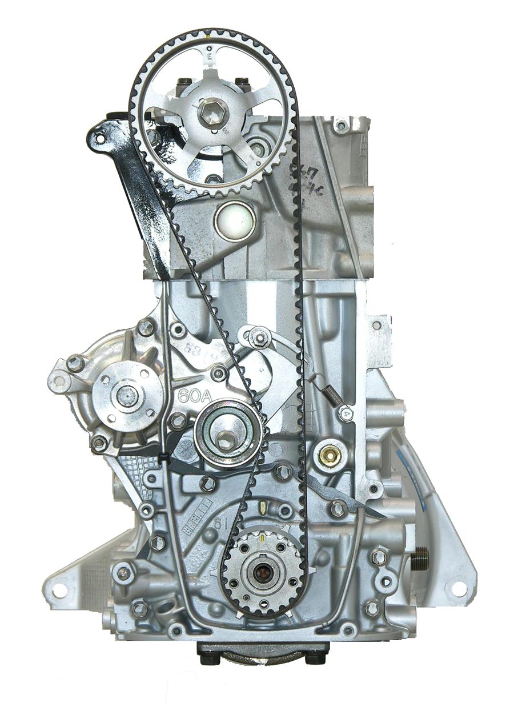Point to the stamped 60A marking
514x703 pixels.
[191, 395]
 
